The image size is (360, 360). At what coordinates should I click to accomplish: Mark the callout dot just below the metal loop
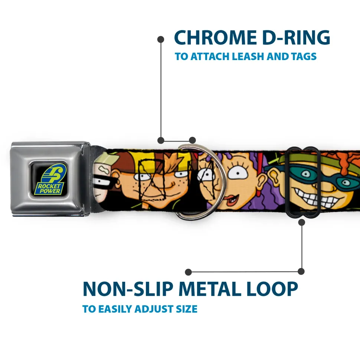tap(301, 222)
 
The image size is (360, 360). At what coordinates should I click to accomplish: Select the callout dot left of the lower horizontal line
tap(189, 272)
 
